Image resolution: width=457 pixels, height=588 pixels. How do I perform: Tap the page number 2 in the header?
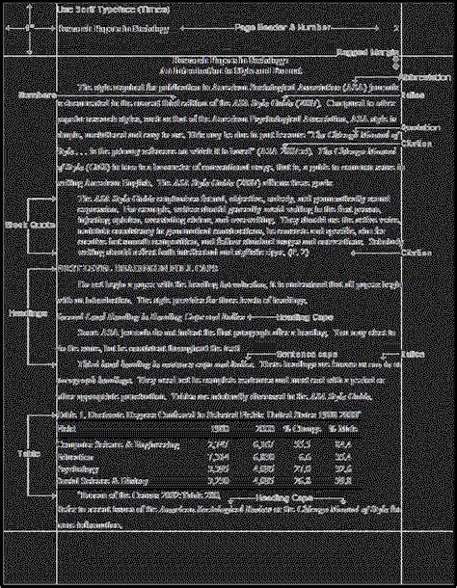click(395, 29)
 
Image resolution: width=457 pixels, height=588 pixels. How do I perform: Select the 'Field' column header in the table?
click(67, 425)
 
